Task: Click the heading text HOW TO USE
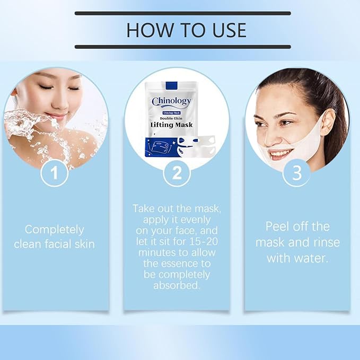(x=186, y=30)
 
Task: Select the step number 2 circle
(x=177, y=173)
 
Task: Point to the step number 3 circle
(x=296, y=173)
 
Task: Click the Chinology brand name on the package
(x=171, y=101)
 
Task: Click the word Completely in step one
(x=55, y=230)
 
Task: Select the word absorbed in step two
(x=176, y=286)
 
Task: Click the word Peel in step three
(x=278, y=226)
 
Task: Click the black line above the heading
(x=182, y=13)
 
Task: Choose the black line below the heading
(x=182, y=47)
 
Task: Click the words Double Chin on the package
(x=171, y=118)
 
